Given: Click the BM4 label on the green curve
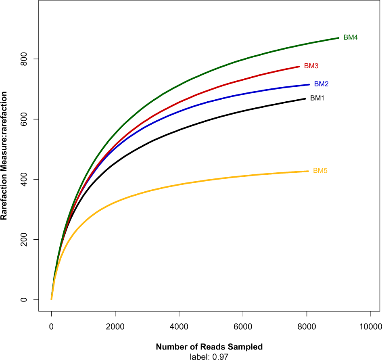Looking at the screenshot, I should [351, 38].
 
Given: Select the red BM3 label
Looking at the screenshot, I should [311, 66].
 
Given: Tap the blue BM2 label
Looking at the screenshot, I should [321, 84].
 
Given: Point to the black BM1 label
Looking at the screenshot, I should [317, 98].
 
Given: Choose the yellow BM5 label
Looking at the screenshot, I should [320, 171].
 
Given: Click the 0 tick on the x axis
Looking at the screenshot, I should [51, 326].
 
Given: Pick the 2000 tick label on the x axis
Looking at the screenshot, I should [115, 326].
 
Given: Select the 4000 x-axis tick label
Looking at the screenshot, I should [179, 326].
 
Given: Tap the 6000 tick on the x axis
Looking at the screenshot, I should [243, 326].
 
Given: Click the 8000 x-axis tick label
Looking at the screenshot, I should [307, 326].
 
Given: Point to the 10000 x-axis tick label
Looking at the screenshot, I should [370, 326].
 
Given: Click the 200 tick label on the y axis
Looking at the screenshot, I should [25, 240].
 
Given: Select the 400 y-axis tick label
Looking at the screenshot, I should [25, 180].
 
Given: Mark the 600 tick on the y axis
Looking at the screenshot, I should [25, 119].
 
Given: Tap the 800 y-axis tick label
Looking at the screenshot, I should [25, 59].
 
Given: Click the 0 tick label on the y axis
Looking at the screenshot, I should [25, 300].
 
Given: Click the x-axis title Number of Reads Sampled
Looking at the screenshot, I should [209, 347].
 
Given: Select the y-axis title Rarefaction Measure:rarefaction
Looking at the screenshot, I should [4, 156].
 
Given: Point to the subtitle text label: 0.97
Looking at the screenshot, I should [209, 356].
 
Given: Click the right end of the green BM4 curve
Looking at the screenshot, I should [338, 38].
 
